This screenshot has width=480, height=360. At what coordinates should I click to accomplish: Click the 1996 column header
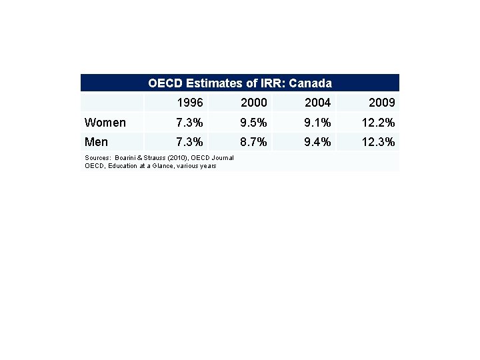pos(190,103)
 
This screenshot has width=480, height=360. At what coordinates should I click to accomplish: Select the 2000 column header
pos(253,103)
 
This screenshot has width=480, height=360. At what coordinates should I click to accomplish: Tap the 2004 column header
pos(317,103)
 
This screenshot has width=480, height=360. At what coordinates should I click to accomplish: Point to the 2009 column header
pos(381,103)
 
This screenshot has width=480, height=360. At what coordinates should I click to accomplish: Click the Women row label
pos(105,123)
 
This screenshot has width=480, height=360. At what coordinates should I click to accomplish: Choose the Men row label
pos(96,142)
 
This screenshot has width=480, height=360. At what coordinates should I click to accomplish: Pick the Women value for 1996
pos(189,123)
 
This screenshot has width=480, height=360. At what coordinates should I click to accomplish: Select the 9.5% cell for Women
pos(253,123)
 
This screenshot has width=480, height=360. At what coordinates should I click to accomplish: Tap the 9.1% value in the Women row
pos(317,123)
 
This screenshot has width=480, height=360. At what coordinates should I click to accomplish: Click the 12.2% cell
pos(378,123)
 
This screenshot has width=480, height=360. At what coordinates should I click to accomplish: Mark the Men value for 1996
pos(189,142)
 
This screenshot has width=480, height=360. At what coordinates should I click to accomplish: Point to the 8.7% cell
pos(253,142)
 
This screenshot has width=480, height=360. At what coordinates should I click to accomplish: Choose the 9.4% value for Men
pos(317,142)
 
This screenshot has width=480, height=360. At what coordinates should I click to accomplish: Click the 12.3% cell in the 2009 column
pos(378,142)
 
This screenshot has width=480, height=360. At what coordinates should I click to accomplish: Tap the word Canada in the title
pos(310,83)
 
